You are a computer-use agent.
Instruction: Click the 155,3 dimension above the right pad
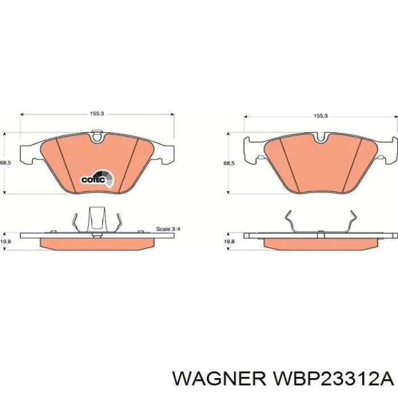(x=321, y=116)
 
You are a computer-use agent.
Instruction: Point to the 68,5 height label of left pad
(x=5, y=163)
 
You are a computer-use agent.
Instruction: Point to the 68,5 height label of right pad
(x=229, y=163)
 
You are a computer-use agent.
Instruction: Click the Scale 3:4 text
(x=168, y=229)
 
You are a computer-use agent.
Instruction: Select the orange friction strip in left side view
(x=98, y=242)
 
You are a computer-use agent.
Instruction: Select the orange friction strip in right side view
(x=321, y=243)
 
